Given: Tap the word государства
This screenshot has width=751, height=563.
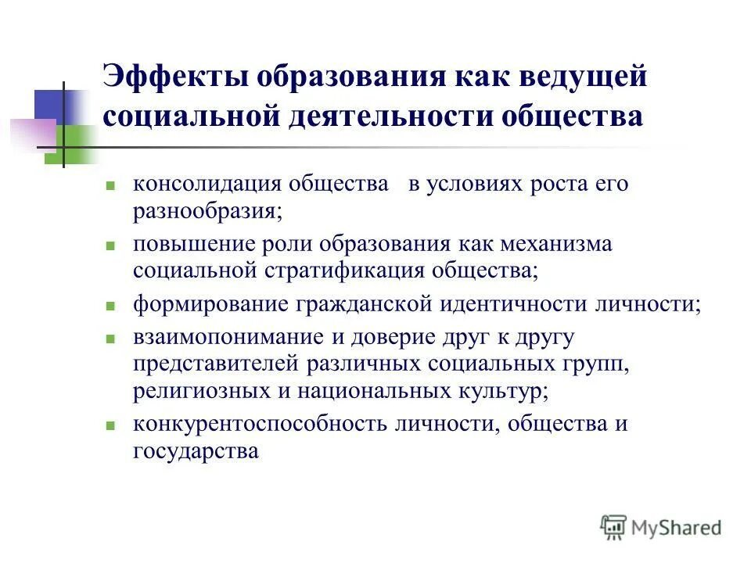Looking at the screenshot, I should point(196,451).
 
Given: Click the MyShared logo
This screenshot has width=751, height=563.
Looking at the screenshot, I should point(661,527).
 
